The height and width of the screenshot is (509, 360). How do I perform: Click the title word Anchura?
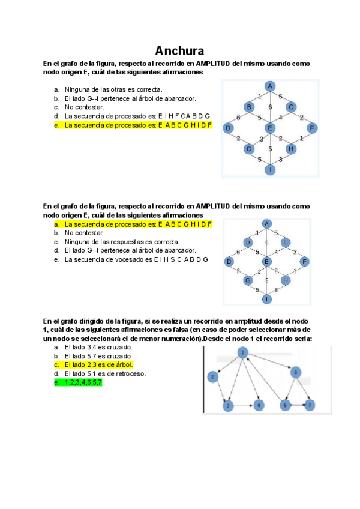179,50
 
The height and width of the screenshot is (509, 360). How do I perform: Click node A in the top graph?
270,86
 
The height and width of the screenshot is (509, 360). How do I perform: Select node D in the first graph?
228,128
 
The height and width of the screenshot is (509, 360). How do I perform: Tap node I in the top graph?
270,169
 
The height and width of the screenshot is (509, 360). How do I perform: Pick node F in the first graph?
311,128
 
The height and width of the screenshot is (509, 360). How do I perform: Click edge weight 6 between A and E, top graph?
270,107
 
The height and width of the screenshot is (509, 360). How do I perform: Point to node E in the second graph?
267,262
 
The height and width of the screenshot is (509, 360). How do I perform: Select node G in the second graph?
247,280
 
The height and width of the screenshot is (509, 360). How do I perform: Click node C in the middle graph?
286,242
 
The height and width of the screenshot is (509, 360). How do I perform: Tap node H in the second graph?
286,280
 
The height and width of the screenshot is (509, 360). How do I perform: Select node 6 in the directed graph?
295,372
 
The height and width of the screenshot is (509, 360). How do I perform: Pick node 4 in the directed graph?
259,406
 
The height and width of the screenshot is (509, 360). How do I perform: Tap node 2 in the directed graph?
212,376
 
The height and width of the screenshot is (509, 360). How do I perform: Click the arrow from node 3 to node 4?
243,406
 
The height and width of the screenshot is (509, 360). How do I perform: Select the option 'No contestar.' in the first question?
84,107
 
